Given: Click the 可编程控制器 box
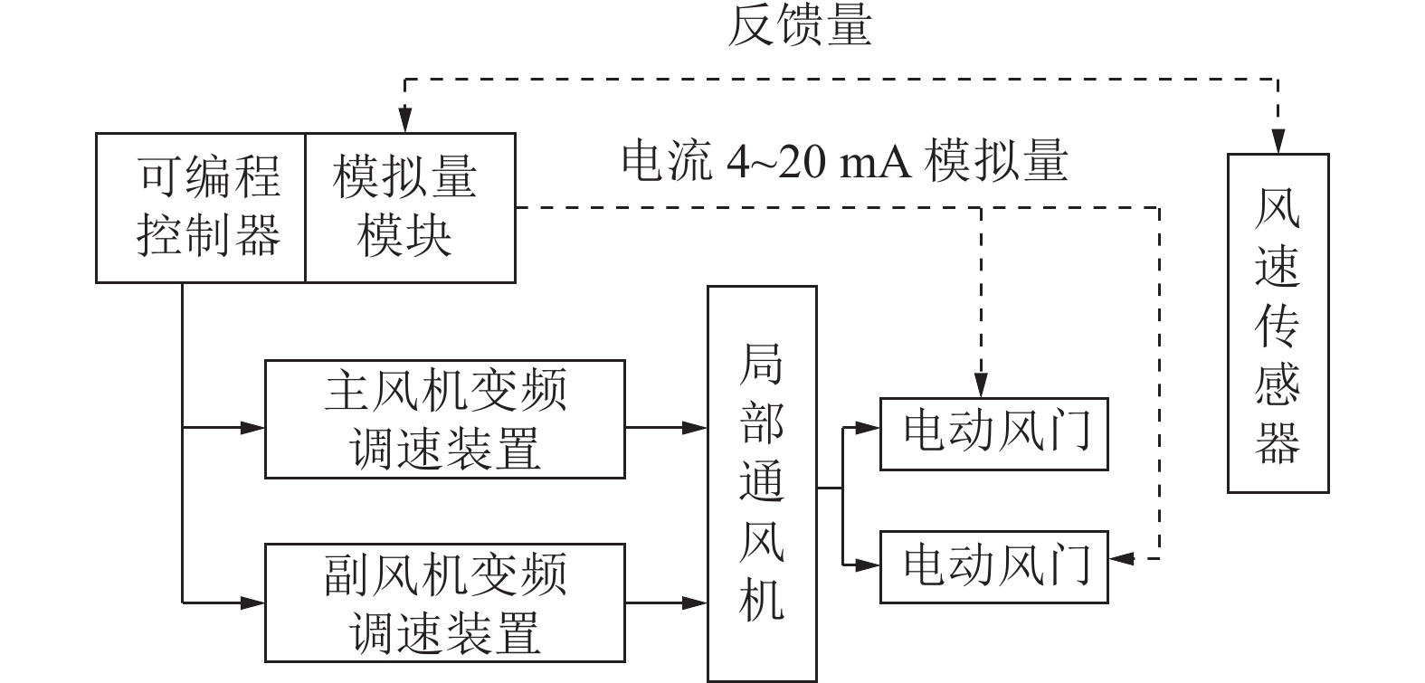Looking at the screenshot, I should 201,208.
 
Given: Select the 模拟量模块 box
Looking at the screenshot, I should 410,208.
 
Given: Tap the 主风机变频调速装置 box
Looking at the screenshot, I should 444,419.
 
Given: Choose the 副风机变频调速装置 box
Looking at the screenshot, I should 444,602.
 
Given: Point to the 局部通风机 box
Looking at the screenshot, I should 762,484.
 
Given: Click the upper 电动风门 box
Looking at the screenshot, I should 994,433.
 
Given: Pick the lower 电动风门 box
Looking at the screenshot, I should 994,566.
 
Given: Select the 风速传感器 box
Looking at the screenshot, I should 1278,323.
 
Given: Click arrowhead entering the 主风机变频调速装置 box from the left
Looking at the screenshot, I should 253,426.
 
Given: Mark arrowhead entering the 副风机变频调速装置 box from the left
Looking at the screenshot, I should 253,601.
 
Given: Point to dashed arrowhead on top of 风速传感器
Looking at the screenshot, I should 1278,143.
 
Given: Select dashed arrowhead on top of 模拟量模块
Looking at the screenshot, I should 404,123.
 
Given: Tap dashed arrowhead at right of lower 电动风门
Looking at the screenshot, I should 1120,559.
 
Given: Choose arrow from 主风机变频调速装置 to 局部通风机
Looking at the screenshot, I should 666,426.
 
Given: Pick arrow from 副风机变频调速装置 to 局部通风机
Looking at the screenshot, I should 666,601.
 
